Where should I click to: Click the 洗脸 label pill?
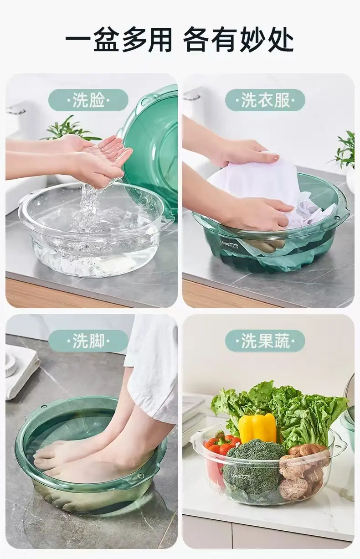pyautogui.click(x=88, y=100)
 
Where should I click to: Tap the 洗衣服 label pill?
pyautogui.click(x=265, y=100)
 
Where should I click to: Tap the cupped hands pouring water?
pyautogui.click(x=98, y=160)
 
